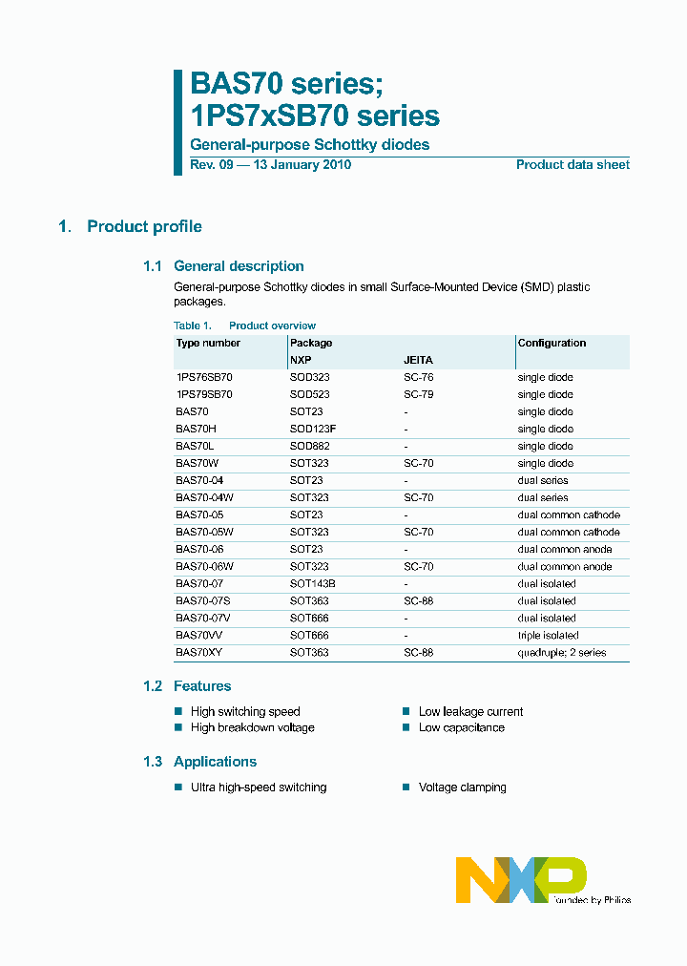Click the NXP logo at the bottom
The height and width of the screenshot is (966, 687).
pyautogui.click(x=520, y=879)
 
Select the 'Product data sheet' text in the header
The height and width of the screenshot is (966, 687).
pyautogui.click(x=572, y=165)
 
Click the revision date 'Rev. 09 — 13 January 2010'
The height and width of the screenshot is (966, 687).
pyautogui.click(x=271, y=165)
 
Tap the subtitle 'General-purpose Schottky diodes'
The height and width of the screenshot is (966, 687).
pyautogui.click(x=310, y=145)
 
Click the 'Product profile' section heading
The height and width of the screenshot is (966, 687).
pyautogui.click(x=144, y=226)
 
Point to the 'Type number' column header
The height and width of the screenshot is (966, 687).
pyautogui.click(x=208, y=343)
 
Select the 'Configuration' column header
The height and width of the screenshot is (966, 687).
pyautogui.click(x=552, y=343)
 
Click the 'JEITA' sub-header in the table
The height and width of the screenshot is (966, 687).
pyautogui.click(x=418, y=361)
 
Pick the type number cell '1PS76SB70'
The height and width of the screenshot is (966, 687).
pyautogui.click(x=204, y=378)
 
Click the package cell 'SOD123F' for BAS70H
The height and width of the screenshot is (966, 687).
pyautogui.click(x=313, y=430)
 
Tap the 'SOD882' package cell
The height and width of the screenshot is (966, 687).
pyautogui.click(x=310, y=447)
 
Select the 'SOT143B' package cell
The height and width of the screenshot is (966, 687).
pyautogui.click(x=313, y=584)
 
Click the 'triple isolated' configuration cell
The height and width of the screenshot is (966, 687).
pyautogui.click(x=548, y=636)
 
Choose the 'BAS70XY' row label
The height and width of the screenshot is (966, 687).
pyautogui.click(x=198, y=653)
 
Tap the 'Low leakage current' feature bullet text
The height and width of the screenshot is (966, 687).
pyautogui.click(x=470, y=711)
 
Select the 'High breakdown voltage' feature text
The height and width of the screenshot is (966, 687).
pyautogui.click(x=252, y=727)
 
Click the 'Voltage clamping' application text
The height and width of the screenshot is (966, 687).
pyautogui.click(x=462, y=787)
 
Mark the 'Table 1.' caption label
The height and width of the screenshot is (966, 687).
pyautogui.click(x=192, y=325)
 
